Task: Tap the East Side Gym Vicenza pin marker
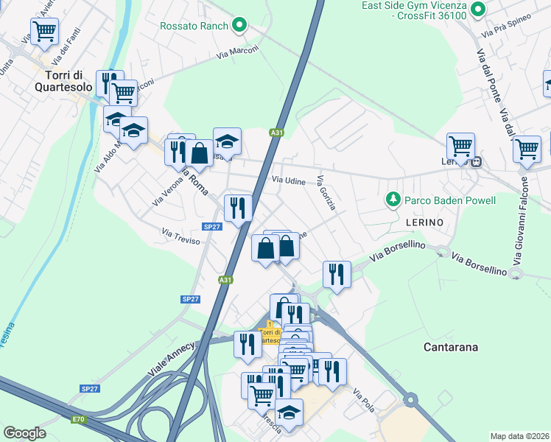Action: [x=477, y=10]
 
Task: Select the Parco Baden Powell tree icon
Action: [x=393, y=200]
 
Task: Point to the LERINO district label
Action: [x=424, y=222]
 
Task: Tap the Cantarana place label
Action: [x=452, y=346]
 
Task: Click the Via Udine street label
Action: [x=288, y=180]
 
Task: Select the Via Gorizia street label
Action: [x=326, y=193]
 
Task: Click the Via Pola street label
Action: [x=364, y=399]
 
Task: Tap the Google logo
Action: [x=24, y=433]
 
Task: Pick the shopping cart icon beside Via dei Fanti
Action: [x=45, y=31]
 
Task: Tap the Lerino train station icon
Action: [x=477, y=162]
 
